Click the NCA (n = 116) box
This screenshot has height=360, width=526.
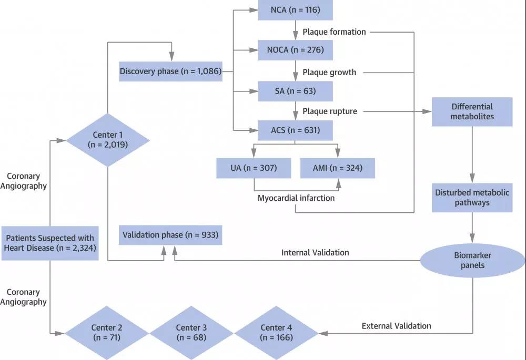(x=296, y=9)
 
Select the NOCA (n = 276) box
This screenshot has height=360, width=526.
(x=296, y=50)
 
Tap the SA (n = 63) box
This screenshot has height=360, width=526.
(x=296, y=90)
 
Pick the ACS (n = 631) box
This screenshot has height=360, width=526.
(x=296, y=130)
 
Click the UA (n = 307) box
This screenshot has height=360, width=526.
(x=254, y=168)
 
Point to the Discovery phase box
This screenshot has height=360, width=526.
(x=170, y=71)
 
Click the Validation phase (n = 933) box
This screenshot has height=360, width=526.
(x=170, y=234)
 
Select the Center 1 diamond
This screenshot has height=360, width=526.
(x=107, y=140)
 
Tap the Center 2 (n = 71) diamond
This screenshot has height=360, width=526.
(x=107, y=333)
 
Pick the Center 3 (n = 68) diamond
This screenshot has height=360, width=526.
(x=191, y=333)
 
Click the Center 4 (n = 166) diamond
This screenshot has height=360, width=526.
(x=276, y=333)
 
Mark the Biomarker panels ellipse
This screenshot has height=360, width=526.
(x=472, y=260)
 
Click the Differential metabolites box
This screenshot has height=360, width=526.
(x=472, y=111)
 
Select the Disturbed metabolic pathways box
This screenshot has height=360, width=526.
(x=472, y=198)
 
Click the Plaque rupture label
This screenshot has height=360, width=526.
(x=330, y=111)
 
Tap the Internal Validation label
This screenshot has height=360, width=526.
(x=315, y=252)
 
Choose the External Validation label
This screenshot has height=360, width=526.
(x=396, y=326)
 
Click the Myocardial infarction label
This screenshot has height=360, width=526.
(x=296, y=198)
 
